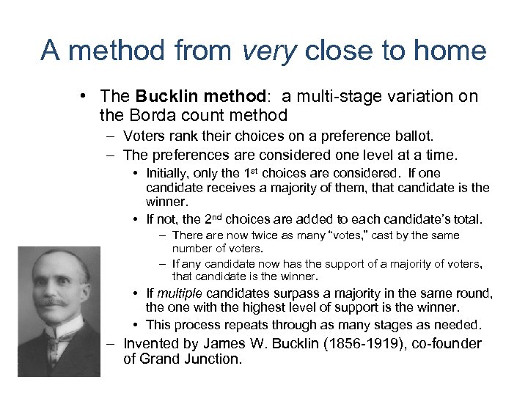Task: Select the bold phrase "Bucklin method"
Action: pyautogui.click(x=182, y=98)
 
